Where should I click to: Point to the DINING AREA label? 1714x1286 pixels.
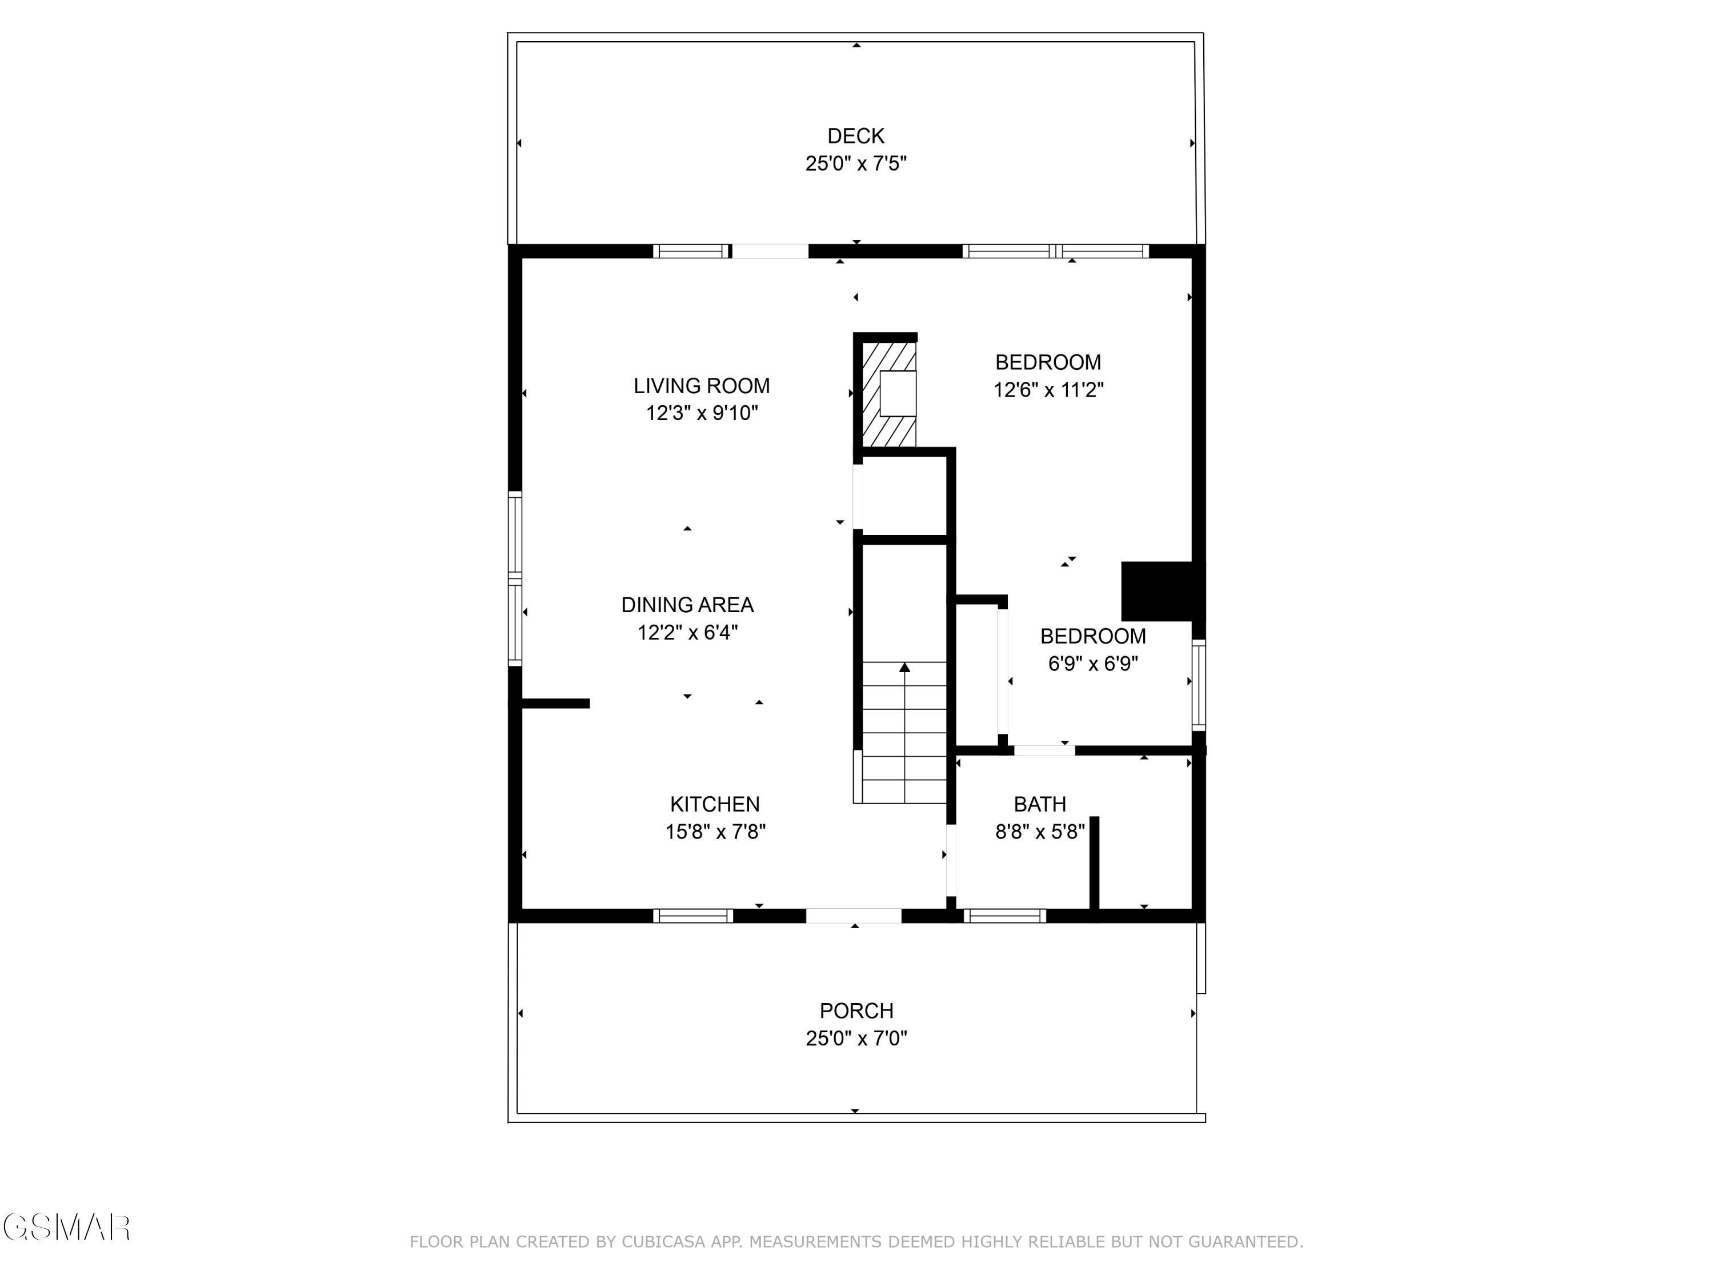pyautogui.click(x=687, y=605)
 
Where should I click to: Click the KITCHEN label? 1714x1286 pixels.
pyautogui.click(x=714, y=804)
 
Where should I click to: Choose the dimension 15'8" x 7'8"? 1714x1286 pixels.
pyautogui.click(x=714, y=832)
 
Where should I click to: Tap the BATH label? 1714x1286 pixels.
pyautogui.click(x=1040, y=804)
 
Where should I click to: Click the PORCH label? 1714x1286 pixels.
pyautogui.click(x=856, y=1011)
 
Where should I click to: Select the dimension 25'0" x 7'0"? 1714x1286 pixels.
pyautogui.click(x=856, y=1039)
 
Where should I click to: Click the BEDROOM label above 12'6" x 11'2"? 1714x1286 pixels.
pyautogui.click(x=1048, y=362)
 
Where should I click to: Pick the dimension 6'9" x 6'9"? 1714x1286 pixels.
pyautogui.click(x=1092, y=664)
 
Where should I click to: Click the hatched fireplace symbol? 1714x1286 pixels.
pyautogui.click(x=890, y=394)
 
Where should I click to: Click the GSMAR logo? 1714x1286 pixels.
pyautogui.click(x=66, y=1228)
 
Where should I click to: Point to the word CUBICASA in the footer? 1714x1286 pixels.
pyautogui.click(x=663, y=1242)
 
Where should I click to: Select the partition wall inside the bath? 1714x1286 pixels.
pyautogui.click(x=1094, y=864)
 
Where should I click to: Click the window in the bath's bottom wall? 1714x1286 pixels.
pyautogui.click(x=1004, y=916)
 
